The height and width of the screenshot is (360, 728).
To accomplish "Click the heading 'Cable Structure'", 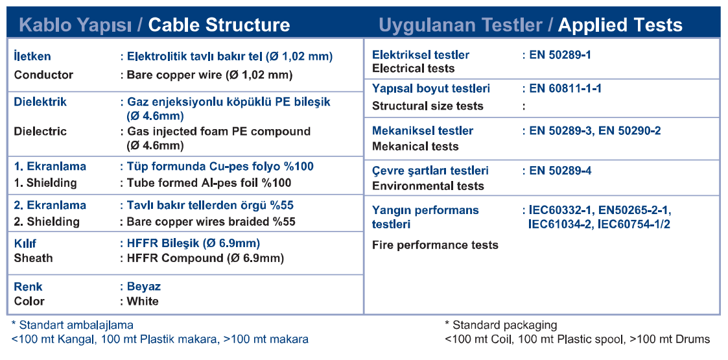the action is (219, 25).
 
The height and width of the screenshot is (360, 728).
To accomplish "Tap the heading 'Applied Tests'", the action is (620, 25).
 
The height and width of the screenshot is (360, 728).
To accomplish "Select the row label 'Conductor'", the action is (43, 75).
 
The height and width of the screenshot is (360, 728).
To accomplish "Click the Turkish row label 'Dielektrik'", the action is (40, 102).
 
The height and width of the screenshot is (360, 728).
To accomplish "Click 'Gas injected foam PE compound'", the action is (218, 132).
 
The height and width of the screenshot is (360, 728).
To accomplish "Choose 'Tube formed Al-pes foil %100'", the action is (209, 183).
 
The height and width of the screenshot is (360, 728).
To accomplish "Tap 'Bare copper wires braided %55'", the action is (211, 222).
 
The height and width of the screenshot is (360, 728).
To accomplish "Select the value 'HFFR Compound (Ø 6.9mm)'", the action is (205, 258).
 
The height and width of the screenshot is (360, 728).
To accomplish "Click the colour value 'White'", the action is (143, 302).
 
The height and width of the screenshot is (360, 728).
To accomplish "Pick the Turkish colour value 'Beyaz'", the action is (144, 287).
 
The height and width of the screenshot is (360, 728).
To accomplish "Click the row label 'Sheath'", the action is (34, 258).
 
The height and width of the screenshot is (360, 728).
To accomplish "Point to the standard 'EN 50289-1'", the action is (560, 55).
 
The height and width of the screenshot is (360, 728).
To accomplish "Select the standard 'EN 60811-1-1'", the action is (565, 88).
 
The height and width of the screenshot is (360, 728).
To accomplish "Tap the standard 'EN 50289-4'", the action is (560, 171).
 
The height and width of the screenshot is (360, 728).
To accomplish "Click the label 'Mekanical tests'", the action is (415, 147).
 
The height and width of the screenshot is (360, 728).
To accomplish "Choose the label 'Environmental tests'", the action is (428, 186).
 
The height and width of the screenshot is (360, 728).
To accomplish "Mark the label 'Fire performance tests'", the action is (435, 245).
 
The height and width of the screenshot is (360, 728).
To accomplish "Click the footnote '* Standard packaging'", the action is (501, 325).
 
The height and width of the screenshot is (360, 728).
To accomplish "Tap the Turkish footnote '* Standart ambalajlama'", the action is (72, 325).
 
